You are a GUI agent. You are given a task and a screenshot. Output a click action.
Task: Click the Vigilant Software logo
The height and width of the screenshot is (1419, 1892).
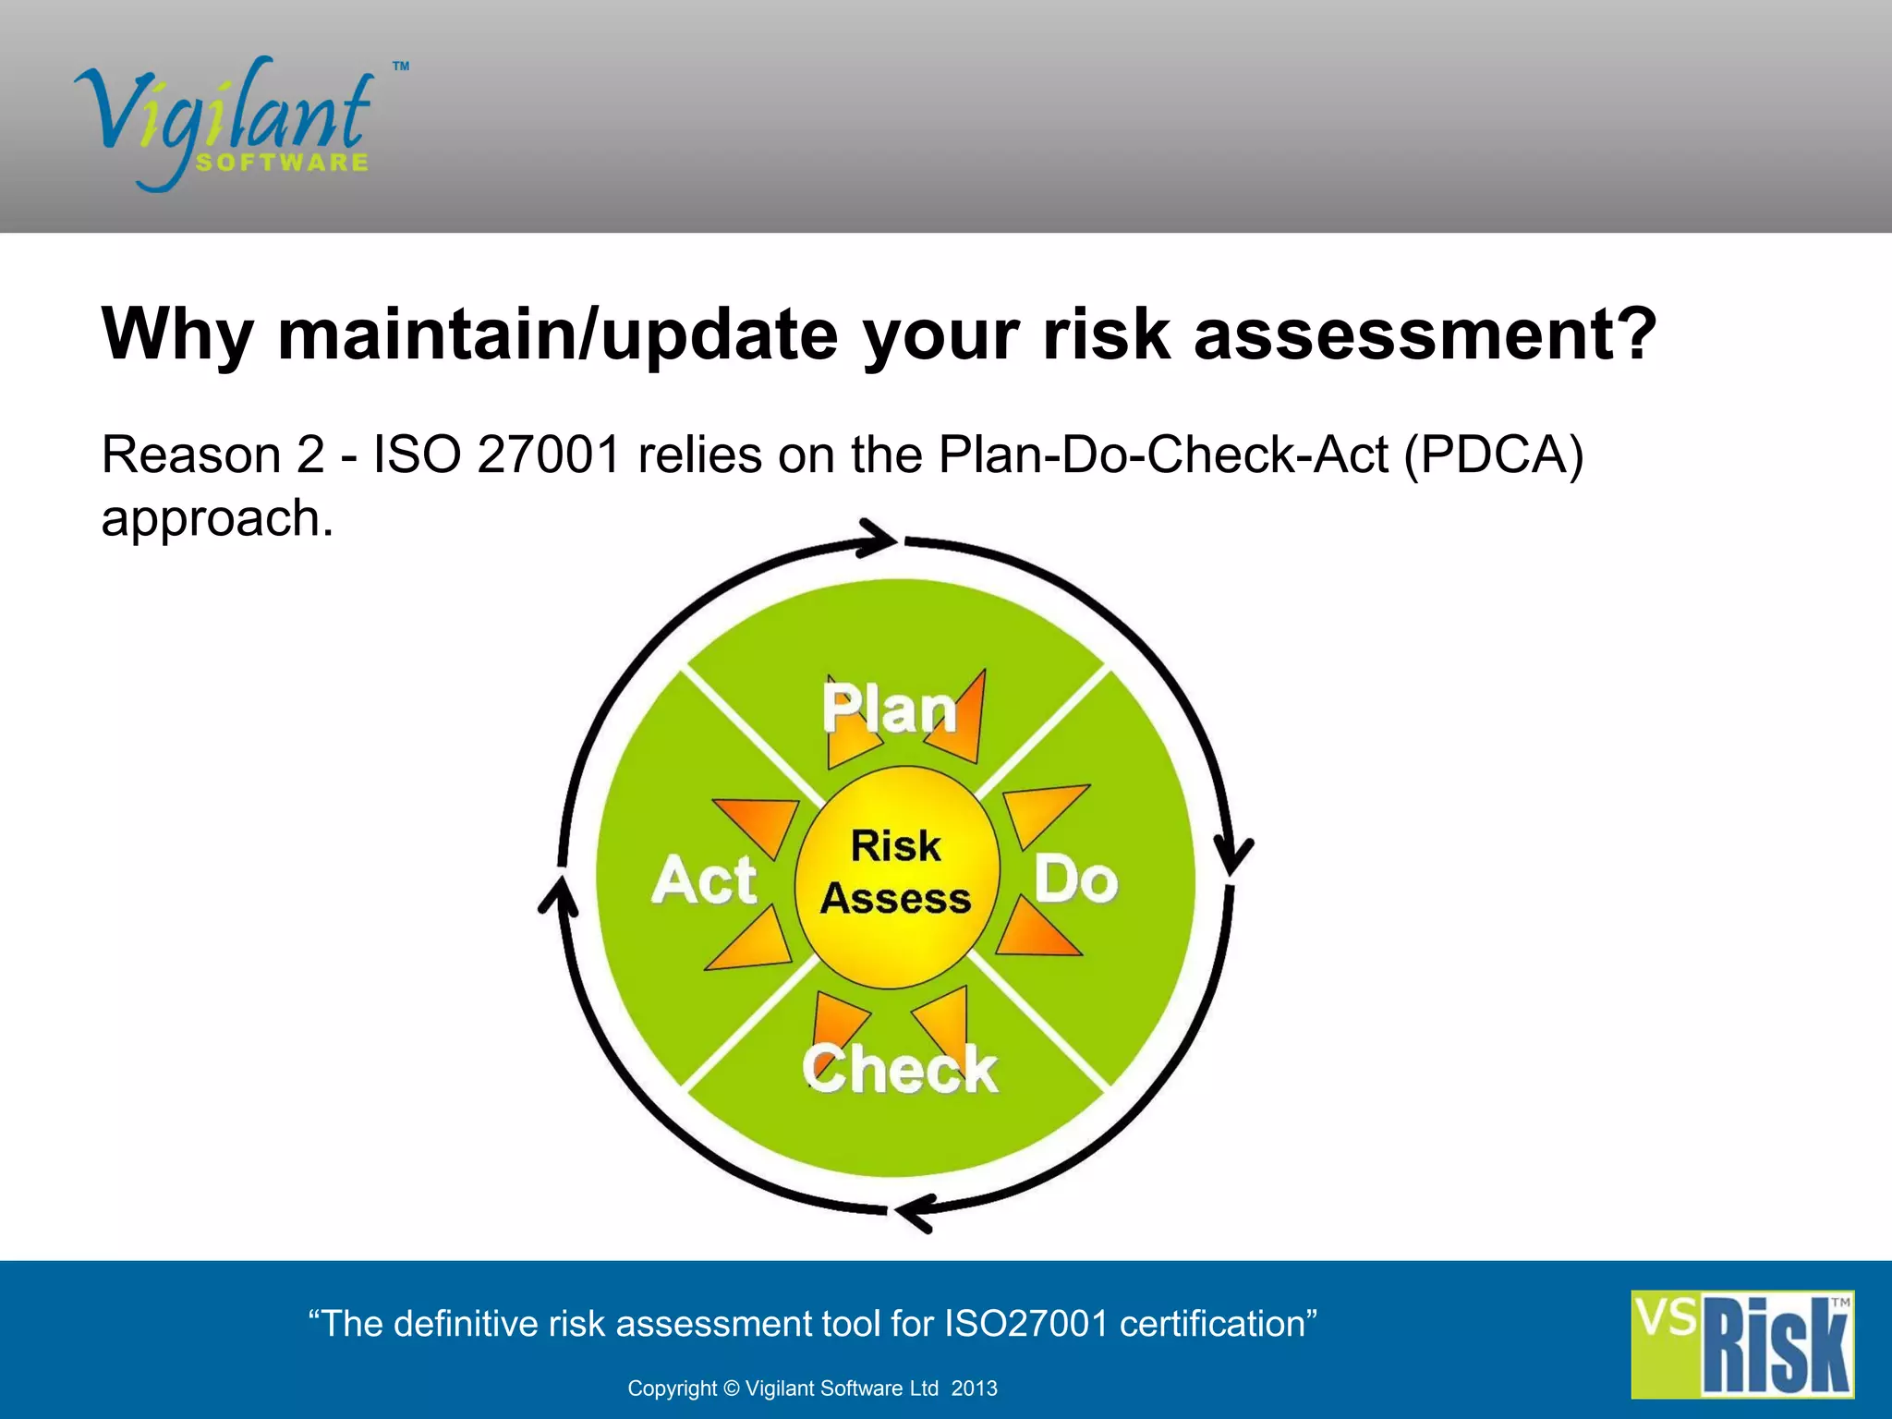point(226,125)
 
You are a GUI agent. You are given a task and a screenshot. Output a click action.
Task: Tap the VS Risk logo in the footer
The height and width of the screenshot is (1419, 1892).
point(1741,1344)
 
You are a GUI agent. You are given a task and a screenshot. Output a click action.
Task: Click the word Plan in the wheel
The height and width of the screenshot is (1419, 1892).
point(890,709)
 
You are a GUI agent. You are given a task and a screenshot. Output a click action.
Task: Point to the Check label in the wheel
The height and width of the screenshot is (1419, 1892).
point(900,1069)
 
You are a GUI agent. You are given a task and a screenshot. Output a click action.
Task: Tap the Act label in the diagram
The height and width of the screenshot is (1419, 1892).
point(704,879)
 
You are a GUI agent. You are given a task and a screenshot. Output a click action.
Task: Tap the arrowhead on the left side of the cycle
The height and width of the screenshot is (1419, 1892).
point(556,896)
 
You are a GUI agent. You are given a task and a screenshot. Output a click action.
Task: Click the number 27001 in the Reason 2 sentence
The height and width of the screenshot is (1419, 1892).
point(548,455)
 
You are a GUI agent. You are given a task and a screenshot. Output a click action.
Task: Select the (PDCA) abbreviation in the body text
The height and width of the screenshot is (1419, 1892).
point(1493,455)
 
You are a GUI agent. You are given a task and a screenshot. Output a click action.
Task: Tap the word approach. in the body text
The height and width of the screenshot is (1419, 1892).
point(217,517)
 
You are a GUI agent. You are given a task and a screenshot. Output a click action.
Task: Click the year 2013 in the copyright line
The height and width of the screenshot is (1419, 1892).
point(974,1389)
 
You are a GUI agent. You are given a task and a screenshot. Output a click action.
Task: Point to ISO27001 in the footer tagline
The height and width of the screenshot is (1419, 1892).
point(1025,1324)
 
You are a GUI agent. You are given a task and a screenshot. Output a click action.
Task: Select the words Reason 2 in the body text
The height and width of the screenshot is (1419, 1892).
point(212,455)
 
